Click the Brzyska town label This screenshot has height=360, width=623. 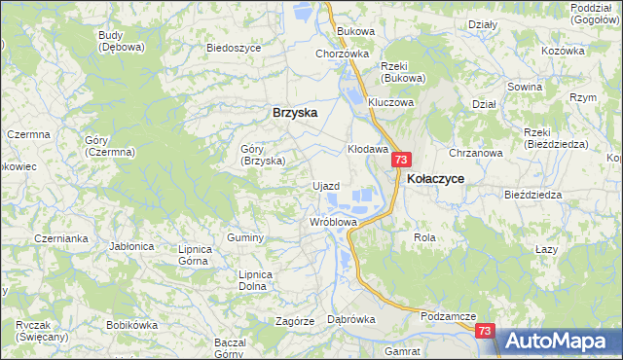pos(294,113)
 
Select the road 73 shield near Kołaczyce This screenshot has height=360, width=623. pos(402,160)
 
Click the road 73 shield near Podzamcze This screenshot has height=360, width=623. pos(487,331)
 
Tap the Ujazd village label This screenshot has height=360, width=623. pos(324,185)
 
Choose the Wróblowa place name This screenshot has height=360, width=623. pos(334,222)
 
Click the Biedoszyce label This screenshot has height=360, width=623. pos(232,47)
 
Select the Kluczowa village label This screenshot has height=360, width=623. pos(391,101)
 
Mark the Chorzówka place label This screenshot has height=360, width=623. pos(342,54)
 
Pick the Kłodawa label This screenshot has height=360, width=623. pos(368,149)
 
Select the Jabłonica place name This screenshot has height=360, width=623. pos(133,246)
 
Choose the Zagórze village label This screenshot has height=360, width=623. pos(294,320)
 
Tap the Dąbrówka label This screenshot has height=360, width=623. pos(351,319)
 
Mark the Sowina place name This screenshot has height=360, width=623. pos(551,87)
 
